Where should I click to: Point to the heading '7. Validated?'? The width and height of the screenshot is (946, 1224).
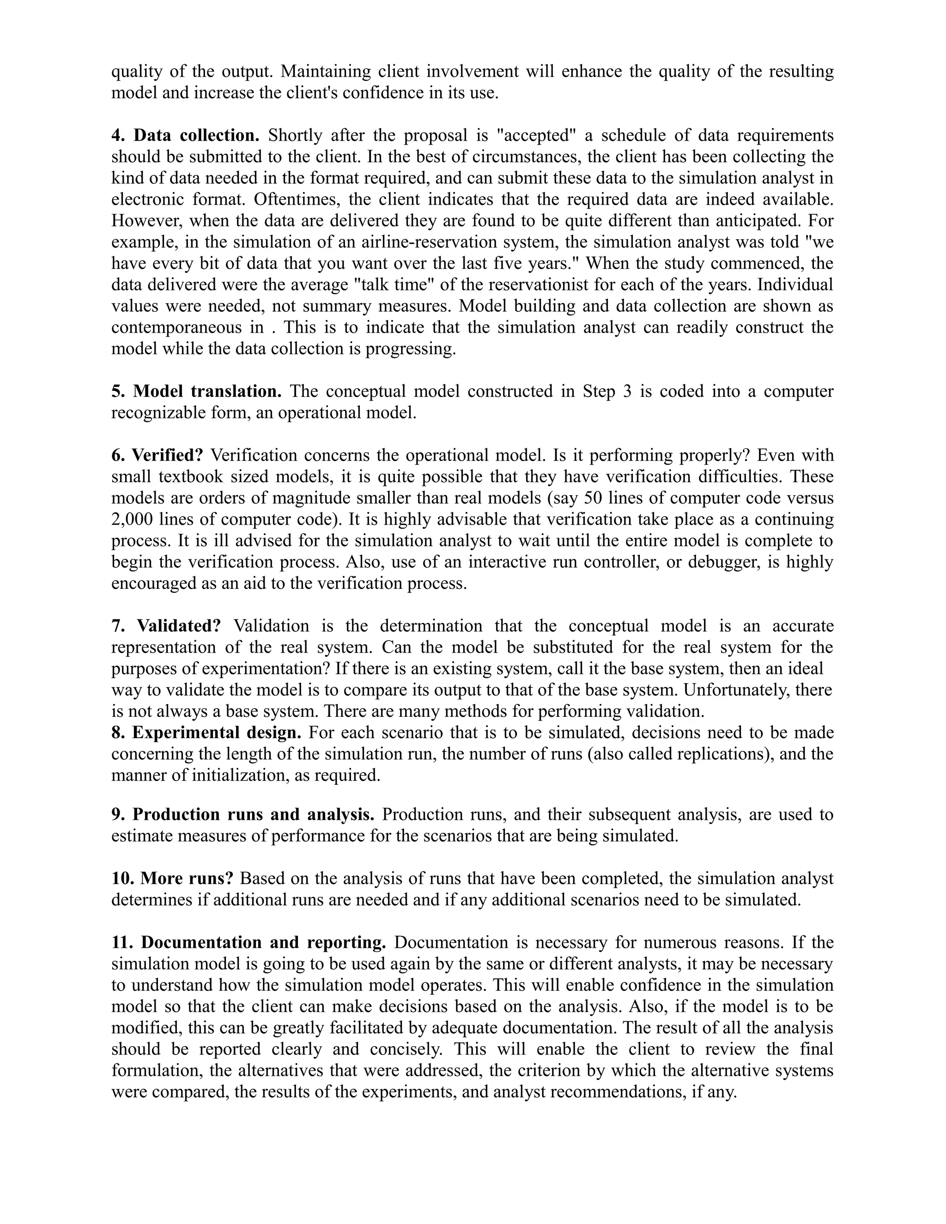(x=166, y=625)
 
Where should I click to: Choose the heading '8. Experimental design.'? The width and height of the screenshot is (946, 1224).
(x=206, y=733)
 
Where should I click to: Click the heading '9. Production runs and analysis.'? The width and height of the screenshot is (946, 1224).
(x=243, y=814)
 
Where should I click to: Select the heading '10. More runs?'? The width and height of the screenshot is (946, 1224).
(x=172, y=878)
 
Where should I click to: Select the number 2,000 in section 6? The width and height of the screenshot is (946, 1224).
(x=132, y=519)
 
